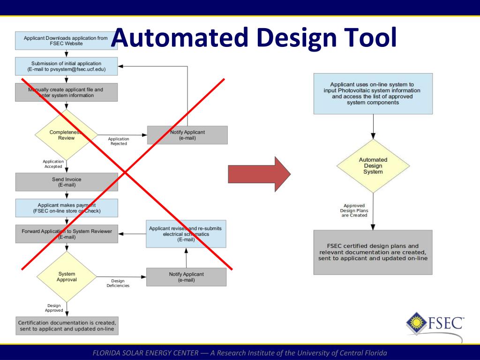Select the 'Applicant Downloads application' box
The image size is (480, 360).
tap(66, 41)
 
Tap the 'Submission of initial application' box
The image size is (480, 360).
tap(66, 66)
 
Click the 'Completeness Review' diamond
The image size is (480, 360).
tap(66, 135)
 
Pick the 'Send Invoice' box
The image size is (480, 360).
tap(66, 182)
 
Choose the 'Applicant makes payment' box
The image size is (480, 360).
tap(67, 208)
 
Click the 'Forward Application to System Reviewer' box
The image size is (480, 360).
tap(67, 234)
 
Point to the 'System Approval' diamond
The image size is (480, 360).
tap(67, 277)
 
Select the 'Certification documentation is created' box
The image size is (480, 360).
tap(67, 326)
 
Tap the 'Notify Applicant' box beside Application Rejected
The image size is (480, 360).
tap(187, 135)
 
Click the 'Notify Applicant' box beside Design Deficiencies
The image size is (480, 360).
tap(186, 277)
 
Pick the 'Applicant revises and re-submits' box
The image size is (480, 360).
tap(186, 234)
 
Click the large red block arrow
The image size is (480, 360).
tap(259, 174)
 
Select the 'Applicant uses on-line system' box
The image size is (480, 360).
tap(373, 93)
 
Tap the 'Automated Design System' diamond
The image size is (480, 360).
tap(373, 166)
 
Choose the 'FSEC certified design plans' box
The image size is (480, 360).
tap(373, 252)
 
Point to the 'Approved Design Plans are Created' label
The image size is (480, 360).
tap(354, 210)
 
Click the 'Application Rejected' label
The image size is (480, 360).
tap(119, 141)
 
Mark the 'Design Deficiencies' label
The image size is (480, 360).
tap(118, 283)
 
